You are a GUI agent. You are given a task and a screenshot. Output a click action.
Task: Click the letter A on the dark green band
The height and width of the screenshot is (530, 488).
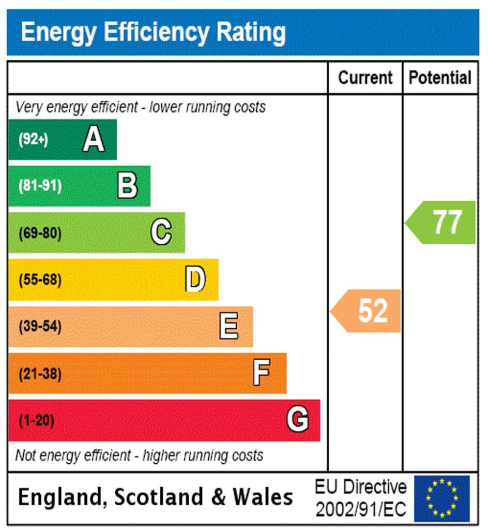(x=94, y=139)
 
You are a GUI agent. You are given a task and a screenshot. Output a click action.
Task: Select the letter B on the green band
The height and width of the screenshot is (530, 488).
(x=127, y=186)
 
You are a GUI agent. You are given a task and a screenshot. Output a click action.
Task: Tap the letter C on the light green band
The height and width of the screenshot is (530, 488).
(x=161, y=232)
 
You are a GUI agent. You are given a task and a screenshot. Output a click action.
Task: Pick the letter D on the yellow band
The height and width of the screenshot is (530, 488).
(x=195, y=279)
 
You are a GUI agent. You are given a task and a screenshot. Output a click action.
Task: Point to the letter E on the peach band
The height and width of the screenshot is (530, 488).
(x=228, y=327)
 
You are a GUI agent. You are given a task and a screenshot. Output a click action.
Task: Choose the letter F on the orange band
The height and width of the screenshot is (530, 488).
(x=262, y=373)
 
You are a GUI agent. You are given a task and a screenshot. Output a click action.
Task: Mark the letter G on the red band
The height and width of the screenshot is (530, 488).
(x=298, y=420)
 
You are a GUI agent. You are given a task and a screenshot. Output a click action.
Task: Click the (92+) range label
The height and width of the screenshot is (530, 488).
(x=34, y=140)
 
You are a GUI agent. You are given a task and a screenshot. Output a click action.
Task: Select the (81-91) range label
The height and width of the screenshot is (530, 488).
(x=40, y=186)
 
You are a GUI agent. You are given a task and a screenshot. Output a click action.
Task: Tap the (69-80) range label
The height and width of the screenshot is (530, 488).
(x=40, y=233)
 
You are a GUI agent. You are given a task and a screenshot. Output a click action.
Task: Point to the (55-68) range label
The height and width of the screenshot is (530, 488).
(x=40, y=280)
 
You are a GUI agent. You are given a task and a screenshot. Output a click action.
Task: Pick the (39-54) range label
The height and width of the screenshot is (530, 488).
(x=40, y=327)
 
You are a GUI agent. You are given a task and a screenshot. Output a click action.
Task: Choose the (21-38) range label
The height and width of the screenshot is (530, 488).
(x=40, y=374)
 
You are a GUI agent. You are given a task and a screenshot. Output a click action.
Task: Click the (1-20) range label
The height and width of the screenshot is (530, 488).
(x=37, y=421)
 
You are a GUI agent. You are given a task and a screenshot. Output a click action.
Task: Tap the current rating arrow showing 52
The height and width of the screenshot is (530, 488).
(x=367, y=311)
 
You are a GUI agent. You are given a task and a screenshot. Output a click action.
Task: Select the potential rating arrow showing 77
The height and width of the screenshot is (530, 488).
(x=441, y=223)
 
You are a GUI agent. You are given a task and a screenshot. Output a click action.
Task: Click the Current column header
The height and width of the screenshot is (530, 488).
(x=365, y=78)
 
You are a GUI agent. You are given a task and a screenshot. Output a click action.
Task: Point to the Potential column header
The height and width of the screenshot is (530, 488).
(x=440, y=78)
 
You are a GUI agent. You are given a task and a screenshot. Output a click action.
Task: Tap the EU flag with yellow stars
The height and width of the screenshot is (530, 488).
(x=442, y=498)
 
